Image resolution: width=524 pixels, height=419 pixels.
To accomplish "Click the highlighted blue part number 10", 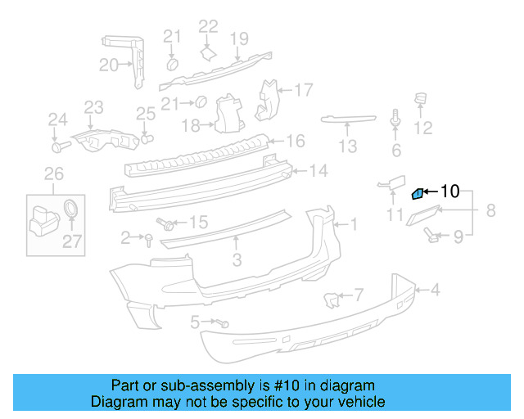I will point(417,193).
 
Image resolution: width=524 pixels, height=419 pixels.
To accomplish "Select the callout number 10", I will point(450,191).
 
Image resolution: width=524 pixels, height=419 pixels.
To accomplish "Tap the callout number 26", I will point(53,173).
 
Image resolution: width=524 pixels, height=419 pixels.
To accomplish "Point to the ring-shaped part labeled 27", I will point(72,207).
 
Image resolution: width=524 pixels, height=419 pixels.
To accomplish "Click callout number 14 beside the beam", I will point(318,171).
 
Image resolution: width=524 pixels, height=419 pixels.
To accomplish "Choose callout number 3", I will point(237,260).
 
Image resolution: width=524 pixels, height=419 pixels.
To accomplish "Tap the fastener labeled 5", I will point(223,324).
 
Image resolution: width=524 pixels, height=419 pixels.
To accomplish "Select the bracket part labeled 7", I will point(331,300).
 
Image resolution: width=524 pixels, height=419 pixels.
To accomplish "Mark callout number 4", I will point(435,289).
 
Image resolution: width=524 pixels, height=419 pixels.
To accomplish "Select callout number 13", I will point(348,146).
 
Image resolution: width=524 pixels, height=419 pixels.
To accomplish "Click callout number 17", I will point(304,89).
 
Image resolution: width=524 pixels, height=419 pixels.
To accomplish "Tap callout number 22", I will point(209,26).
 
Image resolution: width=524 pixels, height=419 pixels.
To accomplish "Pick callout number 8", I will point(490,210).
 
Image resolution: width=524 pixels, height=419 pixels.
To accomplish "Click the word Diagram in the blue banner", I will point(119,402).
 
